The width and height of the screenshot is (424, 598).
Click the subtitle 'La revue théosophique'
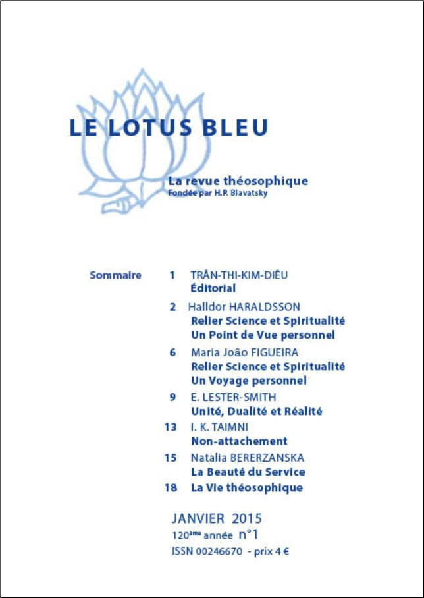(238, 180)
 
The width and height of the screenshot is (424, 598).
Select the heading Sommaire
(115, 275)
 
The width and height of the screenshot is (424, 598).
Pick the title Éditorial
(213, 288)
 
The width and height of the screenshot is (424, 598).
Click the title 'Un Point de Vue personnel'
(262, 335)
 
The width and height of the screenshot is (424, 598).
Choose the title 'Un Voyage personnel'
(248, 381)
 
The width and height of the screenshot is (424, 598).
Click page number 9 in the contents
(172, 397)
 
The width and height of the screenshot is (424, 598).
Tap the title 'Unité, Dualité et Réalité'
(256, 412)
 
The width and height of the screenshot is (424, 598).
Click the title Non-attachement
(238, 441)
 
